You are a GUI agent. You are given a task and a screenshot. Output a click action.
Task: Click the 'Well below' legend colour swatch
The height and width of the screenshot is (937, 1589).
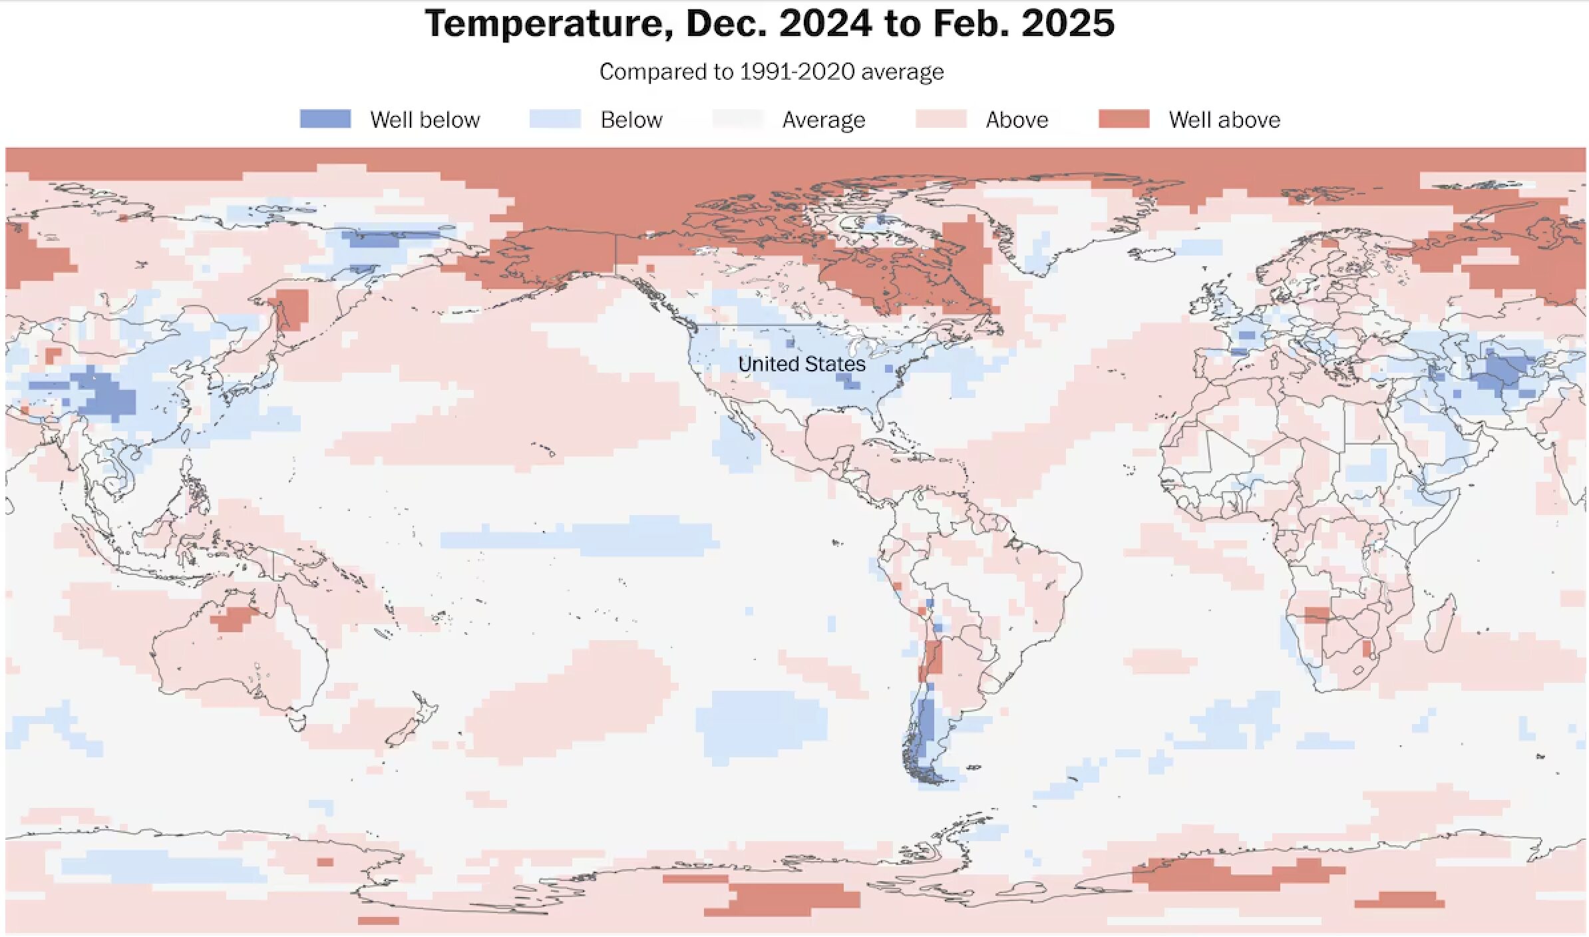click(325, 119)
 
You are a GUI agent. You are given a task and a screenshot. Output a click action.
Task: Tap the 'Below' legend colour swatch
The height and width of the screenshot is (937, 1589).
click(555, 119)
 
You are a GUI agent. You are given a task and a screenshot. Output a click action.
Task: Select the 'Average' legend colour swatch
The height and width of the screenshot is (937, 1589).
click(738, 119)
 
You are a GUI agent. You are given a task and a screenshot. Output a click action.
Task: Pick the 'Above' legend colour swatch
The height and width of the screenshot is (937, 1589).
click(941, 119)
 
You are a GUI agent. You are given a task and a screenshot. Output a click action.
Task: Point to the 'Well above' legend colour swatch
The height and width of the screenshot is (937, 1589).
click(1124, 119)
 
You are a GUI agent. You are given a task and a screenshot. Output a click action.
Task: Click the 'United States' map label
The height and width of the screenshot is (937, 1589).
click(802, 364)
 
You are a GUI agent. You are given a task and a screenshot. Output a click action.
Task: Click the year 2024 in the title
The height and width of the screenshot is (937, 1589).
click(825, 23)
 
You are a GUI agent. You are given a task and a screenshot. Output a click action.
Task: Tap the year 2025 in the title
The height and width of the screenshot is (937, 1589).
click(1068, 23)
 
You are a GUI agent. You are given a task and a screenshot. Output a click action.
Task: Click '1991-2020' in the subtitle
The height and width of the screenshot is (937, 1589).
click(797, 72)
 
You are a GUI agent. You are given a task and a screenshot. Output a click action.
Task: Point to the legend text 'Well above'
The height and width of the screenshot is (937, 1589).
click(1224, 120)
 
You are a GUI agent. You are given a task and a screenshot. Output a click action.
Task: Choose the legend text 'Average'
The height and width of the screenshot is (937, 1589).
click(824, 120)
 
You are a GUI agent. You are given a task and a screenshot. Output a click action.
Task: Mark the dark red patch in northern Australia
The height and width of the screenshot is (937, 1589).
click(234, 619)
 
